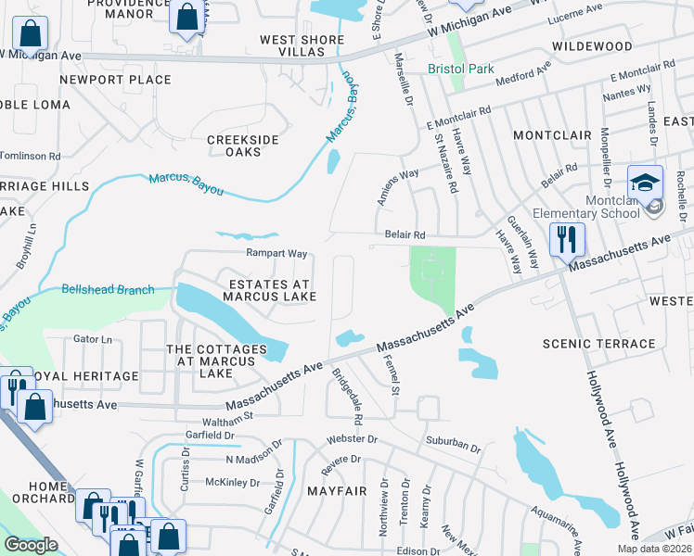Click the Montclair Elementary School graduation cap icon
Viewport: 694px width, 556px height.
pos(645,182)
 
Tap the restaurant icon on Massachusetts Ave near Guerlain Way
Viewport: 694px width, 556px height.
pos(566,240)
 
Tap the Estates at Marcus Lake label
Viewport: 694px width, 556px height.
pos(269,289)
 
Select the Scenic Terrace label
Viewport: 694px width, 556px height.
pos(599,344)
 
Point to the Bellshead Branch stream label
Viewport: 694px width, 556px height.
pos(108,290)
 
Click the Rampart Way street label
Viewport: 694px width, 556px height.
pos(276,253)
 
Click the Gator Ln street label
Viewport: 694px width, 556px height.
pos(91,339)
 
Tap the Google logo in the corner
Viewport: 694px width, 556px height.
pos(31,545)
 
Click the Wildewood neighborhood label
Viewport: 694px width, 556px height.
pos(592,45)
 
